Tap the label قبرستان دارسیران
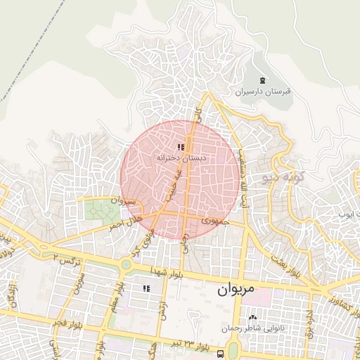pyautogui.click(x=263, y=91)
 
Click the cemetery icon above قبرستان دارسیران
pyautogui.click(x=263, y=79)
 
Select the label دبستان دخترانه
pyautogui.click(x=181, y=160)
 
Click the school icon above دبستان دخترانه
pyautogui.click(x=181, y=148)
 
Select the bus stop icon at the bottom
pyautogui.click(x=221, y=353)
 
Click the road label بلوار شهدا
pyautogui.click(x=166, y=271)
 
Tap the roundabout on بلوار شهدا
pyautogui.click(x=126, y=264)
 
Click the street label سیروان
pyautogui.click(x=122, y=202)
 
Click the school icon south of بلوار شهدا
pyautogui.click(x=146, y=288)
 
